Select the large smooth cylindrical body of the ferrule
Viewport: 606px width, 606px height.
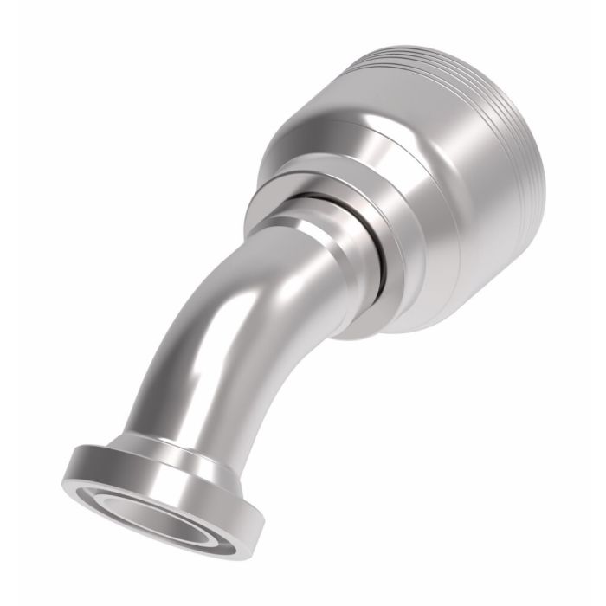pos(450,216)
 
